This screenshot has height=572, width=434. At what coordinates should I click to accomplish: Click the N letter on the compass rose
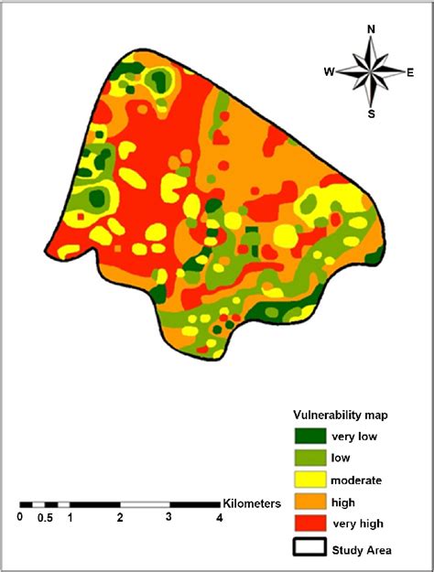click(x=371, y=28)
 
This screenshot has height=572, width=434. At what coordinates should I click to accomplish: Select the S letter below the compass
click(x=371, y=114)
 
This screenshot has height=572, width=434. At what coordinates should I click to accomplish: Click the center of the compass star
click(x=371, y=71)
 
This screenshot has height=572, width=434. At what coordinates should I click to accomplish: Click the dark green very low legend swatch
click(x=309, y=437)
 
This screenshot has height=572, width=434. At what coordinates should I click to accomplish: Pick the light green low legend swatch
click(x=309, y=458)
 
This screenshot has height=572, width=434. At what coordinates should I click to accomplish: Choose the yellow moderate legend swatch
click(x=309, y=480)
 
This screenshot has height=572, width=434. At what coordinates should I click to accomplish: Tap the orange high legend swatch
click(x=309, y=502)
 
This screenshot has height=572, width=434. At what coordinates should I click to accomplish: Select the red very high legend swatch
click(x=309, y=523)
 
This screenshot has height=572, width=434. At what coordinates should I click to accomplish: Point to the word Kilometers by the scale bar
click(x=253, y=503)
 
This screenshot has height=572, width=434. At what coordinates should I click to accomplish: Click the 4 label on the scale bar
click(x=218, y=518)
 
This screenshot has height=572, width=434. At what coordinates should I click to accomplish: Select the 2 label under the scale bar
click(x=120, y=518)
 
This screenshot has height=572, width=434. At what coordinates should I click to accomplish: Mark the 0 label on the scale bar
click(x=20, y=518)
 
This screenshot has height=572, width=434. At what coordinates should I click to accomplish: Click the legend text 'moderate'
click(x=358, y=480)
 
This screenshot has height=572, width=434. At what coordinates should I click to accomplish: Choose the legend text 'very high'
click(x=359, y=523)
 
